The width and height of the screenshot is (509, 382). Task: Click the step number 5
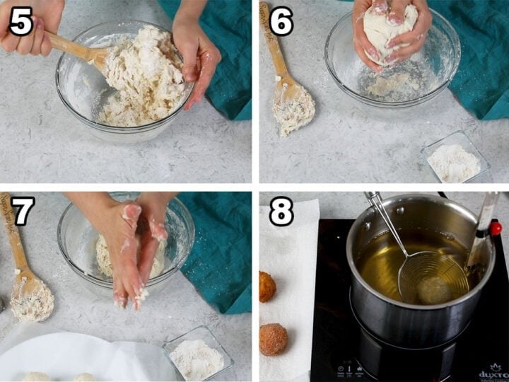pos(21,21)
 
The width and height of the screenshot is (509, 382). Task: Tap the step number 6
pos(281,21)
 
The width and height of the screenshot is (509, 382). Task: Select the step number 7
pos(21,211)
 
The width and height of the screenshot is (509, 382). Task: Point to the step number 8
pos(281,211)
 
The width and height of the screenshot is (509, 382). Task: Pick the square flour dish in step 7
pos(197,354)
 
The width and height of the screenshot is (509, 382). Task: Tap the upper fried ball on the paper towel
pos(267,286)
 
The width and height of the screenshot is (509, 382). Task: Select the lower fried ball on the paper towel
pos(274,339)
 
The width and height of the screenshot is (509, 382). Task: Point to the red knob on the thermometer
pos(496,228)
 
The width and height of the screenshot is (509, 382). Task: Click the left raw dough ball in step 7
pos(35,377)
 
